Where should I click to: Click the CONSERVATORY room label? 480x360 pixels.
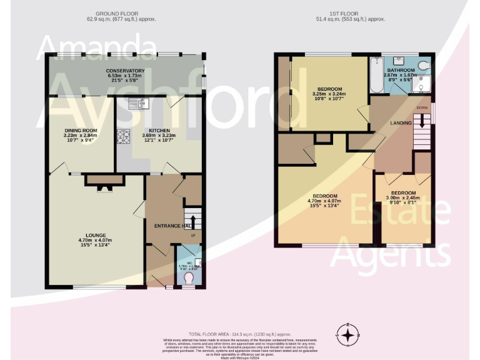125,71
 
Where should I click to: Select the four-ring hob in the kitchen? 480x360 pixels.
122,136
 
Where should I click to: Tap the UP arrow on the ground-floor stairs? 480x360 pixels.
192,222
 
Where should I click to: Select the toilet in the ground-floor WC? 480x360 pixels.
189,280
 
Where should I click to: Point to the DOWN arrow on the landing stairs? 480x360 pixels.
422,119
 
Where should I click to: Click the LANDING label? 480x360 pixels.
400,123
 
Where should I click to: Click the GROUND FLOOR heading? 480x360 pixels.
117,13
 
